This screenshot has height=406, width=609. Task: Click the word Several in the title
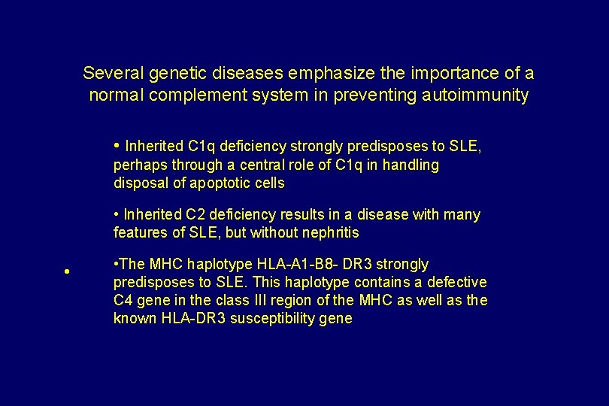114,73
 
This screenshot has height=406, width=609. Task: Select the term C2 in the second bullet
197,215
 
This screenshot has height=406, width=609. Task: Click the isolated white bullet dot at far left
67,272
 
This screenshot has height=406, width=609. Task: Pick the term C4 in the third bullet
123,301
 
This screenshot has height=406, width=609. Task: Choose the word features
140,233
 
